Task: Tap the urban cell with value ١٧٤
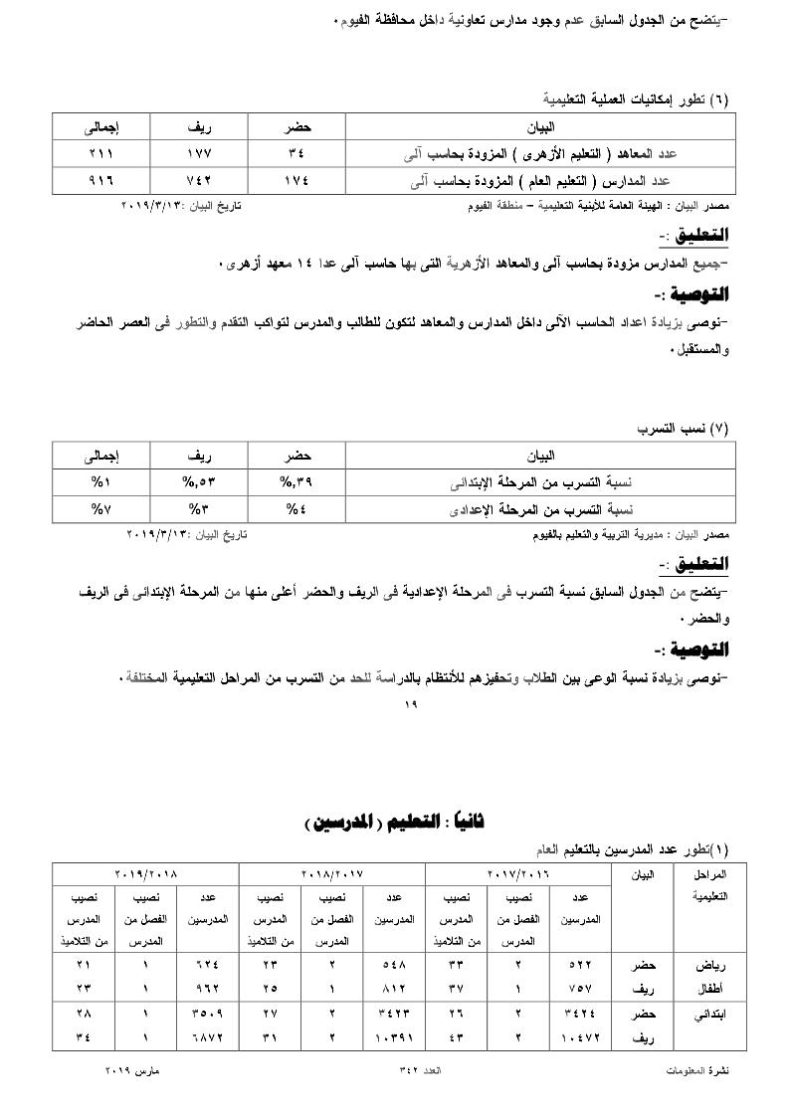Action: click(296, 181)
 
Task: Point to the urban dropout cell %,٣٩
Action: click(296, 482)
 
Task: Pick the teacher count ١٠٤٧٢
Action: click(580, 1037)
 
